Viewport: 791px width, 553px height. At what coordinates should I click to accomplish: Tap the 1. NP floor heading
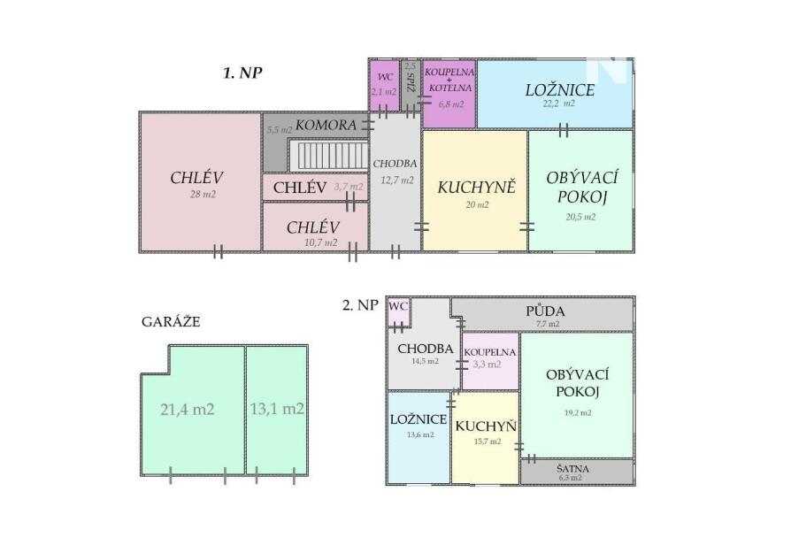[242, 73]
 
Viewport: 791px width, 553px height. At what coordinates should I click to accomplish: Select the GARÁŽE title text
[171, 322]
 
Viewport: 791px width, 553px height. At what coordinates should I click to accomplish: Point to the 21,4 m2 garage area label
[188, 409]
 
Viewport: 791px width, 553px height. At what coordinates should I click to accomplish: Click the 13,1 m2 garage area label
[277, 408]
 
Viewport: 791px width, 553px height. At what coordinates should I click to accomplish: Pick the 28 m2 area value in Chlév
[203, 195]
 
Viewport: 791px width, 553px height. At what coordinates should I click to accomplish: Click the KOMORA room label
[326, 125]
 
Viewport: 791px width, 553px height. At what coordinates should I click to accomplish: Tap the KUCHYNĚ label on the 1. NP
[476, 188]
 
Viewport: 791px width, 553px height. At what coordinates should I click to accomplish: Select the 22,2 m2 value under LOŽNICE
[559, 104]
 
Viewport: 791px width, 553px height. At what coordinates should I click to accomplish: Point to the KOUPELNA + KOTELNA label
[449, 80]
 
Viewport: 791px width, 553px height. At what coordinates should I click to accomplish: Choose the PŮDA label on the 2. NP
[545, 311]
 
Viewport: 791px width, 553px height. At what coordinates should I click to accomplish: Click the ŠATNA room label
[572, 468]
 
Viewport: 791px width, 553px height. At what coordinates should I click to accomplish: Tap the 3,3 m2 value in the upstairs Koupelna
[487, 365]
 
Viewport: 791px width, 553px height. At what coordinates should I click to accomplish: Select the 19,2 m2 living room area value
[578, 412]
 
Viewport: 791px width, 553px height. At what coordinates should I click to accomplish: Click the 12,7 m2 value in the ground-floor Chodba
[397, 180]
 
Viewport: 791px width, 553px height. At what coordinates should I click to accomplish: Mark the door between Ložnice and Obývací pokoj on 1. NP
[564, 130]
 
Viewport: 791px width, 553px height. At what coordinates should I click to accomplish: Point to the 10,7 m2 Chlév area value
[321, 242]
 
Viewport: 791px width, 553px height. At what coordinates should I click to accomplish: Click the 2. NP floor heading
[360, 305]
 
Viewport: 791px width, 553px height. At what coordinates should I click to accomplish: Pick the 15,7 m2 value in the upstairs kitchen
[488, 442]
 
